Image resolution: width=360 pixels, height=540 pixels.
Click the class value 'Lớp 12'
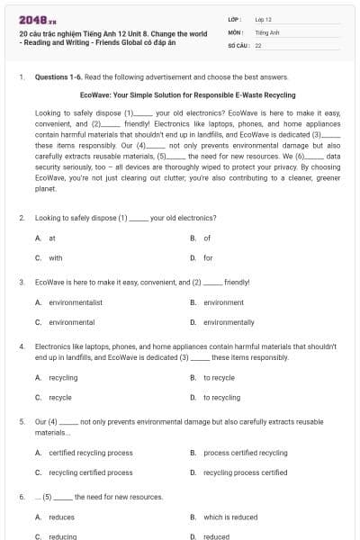(263, 19)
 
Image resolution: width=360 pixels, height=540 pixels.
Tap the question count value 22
(258, 44)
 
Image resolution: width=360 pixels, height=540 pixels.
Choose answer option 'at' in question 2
(52, 238)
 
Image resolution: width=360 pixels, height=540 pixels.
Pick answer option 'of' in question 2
(207, 238)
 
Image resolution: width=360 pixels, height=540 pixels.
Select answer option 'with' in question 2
(56, 257)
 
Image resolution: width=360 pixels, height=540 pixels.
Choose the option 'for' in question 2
(208, 257)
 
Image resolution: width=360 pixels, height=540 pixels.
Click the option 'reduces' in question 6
(61, 517)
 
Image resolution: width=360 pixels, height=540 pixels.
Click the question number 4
(22, 346)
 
